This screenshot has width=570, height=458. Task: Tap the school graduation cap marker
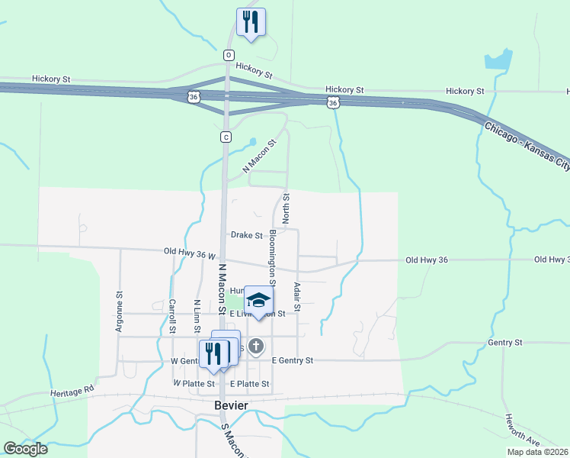[258, 299]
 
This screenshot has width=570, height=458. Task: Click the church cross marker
[257, 347]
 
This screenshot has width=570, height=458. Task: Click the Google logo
[25, 448]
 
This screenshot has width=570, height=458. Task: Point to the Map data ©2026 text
[537, 451]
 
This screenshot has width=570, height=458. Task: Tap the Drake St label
[247, 236]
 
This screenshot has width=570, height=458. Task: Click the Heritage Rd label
[72, 391]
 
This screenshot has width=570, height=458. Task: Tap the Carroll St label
[173, 313]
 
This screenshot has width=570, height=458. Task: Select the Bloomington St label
[272, 249]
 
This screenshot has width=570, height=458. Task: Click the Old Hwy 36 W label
[190, 252]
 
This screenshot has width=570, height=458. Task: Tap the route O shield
[228, 55]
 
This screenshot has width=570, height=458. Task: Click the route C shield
[226, 137]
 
